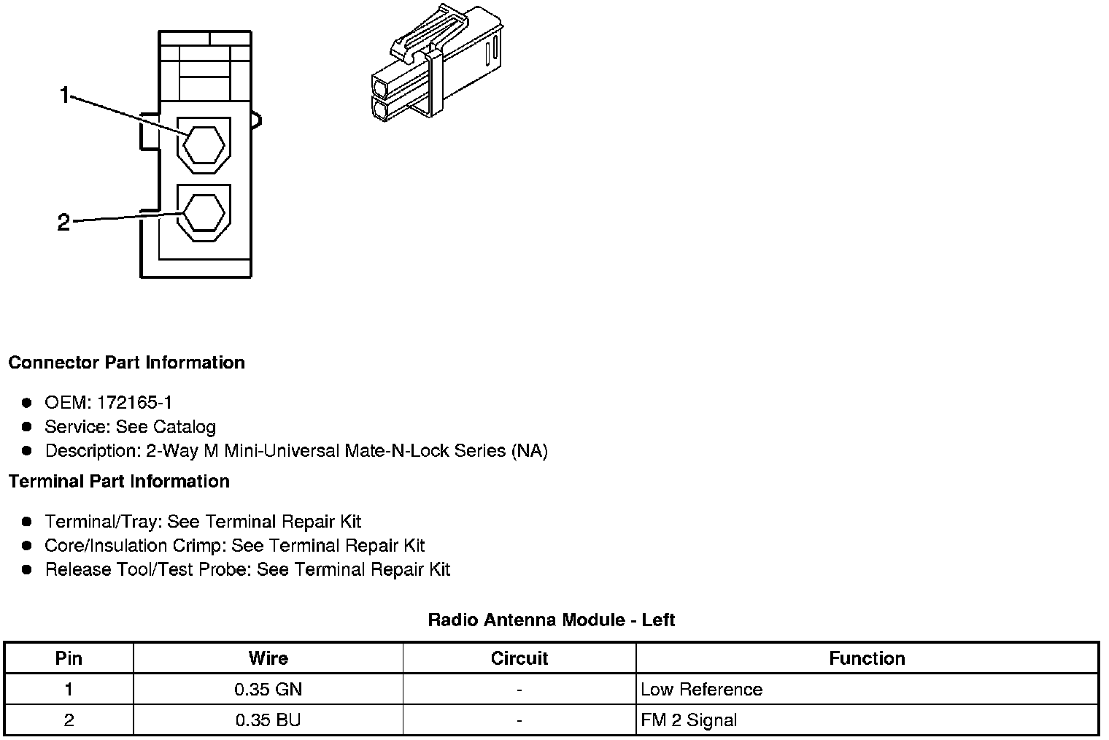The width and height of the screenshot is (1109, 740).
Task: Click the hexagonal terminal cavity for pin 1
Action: click(x=203, y=145)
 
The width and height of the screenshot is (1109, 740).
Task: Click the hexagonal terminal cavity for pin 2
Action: click(x=203, y=213)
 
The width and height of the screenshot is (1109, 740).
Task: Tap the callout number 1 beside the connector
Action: click(x=65, y=95)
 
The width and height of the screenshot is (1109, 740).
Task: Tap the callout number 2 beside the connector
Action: click(x=63, y=223)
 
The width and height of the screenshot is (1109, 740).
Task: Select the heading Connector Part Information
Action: click(x=126, y=363)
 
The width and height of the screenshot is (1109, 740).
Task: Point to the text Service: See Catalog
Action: click(x=130, y=427)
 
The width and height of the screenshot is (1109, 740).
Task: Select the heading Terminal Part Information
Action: click(x=119, y=482)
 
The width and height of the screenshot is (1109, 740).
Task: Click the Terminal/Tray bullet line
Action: click(x=202, y=522)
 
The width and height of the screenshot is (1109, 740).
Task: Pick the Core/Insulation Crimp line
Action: click(x=234, y=546)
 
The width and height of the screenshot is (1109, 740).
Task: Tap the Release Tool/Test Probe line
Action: click(x=247, y=570)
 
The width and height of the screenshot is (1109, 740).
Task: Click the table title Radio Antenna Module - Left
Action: click(x=551, y=620)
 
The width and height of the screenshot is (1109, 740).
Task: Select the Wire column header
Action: click(x=268, y=658)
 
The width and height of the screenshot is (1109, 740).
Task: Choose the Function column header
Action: click(x=867, y=658)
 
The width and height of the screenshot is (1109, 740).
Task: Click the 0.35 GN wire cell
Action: click(x=268, y=690)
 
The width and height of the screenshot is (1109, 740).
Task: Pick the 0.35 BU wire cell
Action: click(x=268, y=720)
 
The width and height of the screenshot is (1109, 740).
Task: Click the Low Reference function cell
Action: click(x=701, y=690)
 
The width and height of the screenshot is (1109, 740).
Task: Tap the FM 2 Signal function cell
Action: click(x=689, y=720)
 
